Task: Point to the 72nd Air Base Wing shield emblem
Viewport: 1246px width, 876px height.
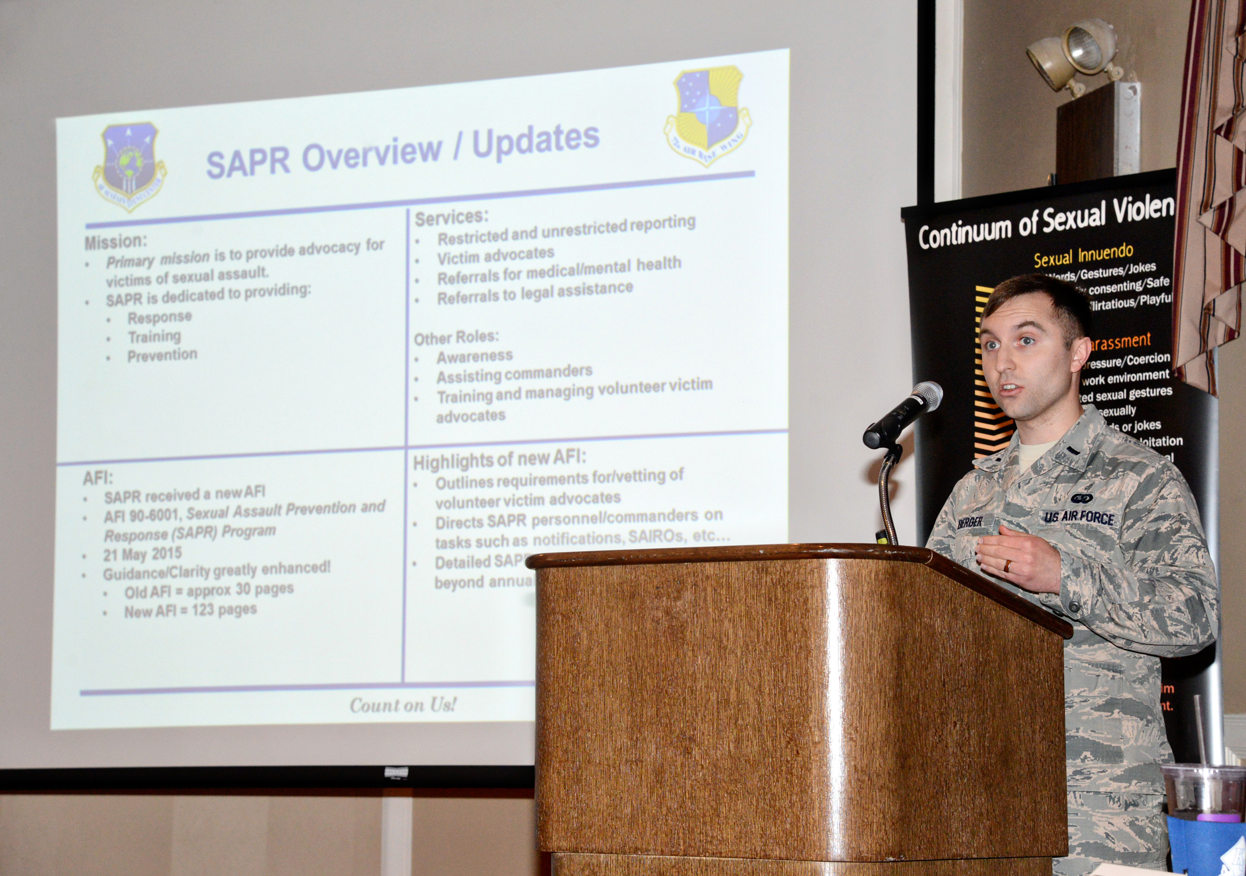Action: tap(707, 115)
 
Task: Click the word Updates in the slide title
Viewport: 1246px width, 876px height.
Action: tap(536, 139)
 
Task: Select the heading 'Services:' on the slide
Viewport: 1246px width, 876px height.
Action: tap(451, 217)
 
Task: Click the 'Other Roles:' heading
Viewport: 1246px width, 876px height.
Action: tap(456, 338)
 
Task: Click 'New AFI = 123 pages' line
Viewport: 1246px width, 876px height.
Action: tap(190, 610)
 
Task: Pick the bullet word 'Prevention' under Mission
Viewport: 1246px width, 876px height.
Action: tap(162, 356)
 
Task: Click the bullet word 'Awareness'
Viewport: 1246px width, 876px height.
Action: tap(474, 357)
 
